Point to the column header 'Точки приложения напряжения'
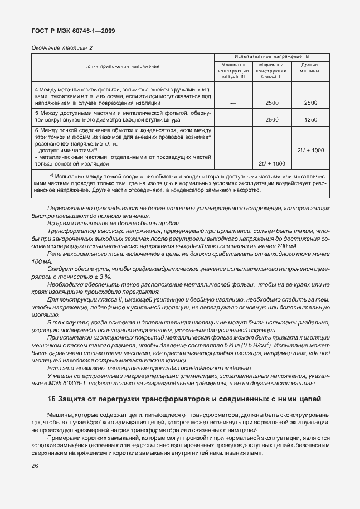[x=122, y=66]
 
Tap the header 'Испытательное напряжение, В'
[x=271, y=56]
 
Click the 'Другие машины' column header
[x=310, y=69]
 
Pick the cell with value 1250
[x=310, y=119]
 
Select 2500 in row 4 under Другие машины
[x=310, y=103]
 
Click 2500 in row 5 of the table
[x=272, y=119]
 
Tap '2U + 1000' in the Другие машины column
[x=310, y=151]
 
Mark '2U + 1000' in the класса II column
[x=272, y=163]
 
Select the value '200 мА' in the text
[x=286, y=246]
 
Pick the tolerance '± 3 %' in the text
[x=100, y=277]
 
